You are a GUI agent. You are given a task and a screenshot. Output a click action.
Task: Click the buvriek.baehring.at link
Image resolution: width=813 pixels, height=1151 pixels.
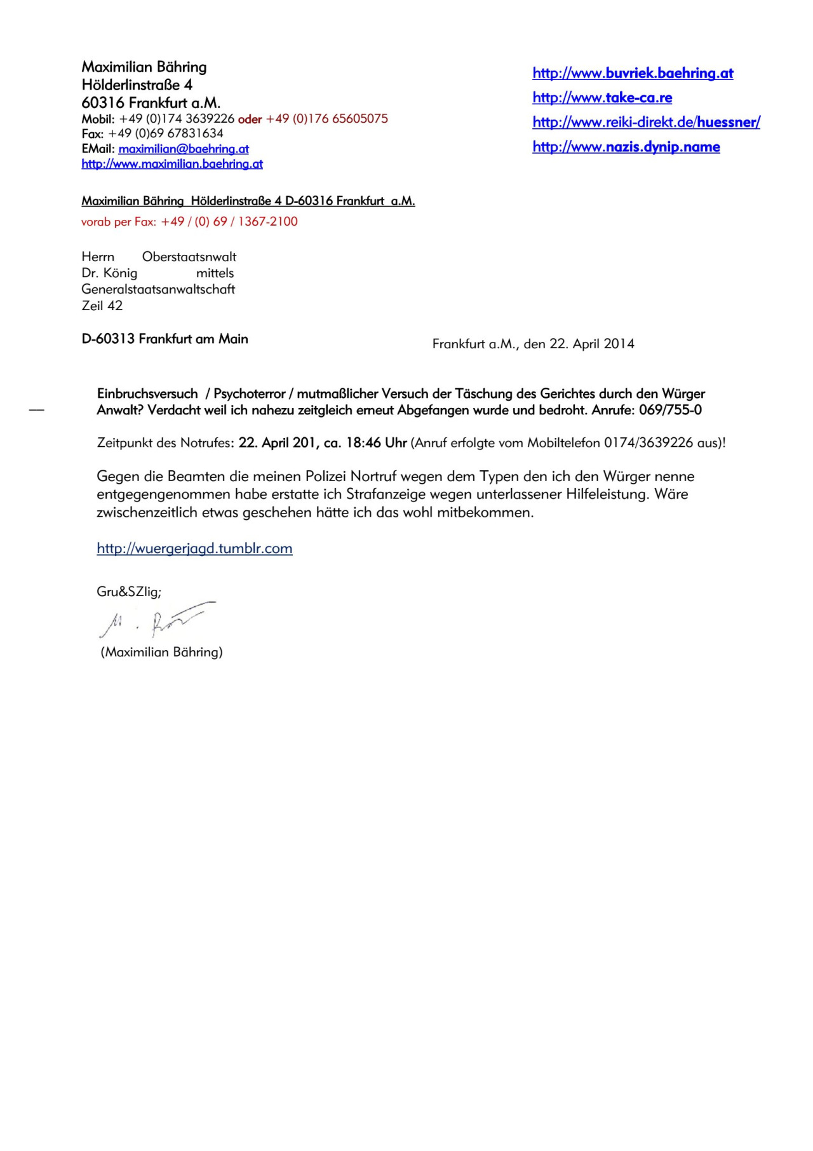coord(633,73)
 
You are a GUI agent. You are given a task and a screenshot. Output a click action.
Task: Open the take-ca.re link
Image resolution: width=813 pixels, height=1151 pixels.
coord(602,97)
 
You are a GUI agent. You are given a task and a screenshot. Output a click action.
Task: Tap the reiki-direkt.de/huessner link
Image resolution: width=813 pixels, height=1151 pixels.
coord(646,122)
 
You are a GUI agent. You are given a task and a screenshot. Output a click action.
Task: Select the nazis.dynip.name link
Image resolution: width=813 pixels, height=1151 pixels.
coord(626,147)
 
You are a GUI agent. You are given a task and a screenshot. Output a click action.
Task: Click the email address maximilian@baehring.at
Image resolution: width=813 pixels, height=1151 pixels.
coord(184,149)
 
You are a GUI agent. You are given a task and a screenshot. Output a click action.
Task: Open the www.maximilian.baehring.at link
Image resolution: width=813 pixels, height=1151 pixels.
coord(172,164)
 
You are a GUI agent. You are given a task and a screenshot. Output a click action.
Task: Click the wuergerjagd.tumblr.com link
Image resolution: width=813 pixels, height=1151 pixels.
coord(194,548)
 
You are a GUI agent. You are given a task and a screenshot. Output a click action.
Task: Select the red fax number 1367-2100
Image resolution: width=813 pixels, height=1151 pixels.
coord(267,222)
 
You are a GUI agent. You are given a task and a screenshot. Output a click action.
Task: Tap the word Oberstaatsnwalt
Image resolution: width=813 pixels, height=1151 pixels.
coord(189,257)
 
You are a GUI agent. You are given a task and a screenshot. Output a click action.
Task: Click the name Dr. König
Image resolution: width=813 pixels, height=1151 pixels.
coord(109,273)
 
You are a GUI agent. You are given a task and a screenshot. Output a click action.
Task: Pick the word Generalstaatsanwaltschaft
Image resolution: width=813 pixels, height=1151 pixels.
coord(158,289)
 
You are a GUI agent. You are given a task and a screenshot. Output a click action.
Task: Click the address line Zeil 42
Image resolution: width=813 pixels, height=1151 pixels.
coord(102,306)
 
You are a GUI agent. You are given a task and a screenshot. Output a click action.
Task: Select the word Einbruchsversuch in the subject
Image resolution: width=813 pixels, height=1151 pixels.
coord(147,394)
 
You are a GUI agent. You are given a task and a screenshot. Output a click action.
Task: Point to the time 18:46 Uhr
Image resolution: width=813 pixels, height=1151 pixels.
coord(376,443)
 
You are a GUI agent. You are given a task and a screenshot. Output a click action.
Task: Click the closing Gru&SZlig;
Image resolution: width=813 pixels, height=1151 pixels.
coord(129,592)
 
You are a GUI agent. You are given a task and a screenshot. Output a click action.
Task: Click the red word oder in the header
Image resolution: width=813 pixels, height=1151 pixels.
coord(250,119)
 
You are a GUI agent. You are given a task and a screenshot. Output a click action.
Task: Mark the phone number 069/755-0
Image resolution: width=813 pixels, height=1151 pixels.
coord(670,410)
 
